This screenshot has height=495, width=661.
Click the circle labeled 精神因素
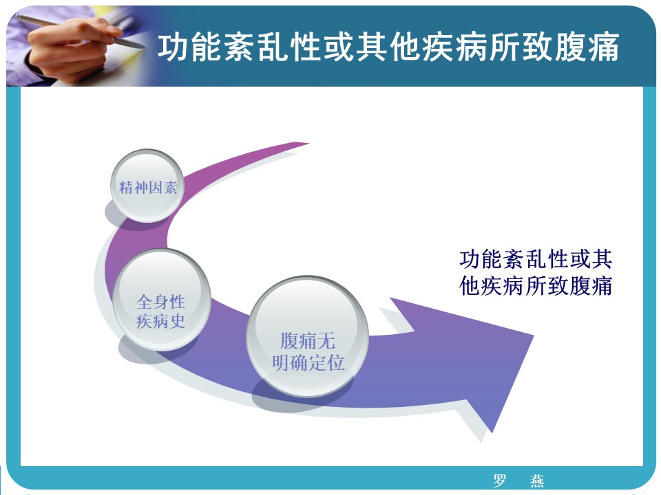(147, 186)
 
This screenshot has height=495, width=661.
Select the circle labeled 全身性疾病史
(162, 300)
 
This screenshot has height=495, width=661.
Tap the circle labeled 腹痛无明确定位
(307, 336)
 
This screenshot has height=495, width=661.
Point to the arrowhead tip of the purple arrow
(534, 335)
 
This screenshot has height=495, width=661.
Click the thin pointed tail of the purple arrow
(308, 144)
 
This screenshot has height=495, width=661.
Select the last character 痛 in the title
(604, 47)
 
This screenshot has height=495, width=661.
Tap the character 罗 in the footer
(500, 481)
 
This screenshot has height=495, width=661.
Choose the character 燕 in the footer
(536, 481)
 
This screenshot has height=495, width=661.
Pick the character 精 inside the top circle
(126, 187)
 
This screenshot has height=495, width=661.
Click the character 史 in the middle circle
(178, 321)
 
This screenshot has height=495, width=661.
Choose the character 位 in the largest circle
(336, 363)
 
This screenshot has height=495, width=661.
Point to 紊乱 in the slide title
(257, 47)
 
